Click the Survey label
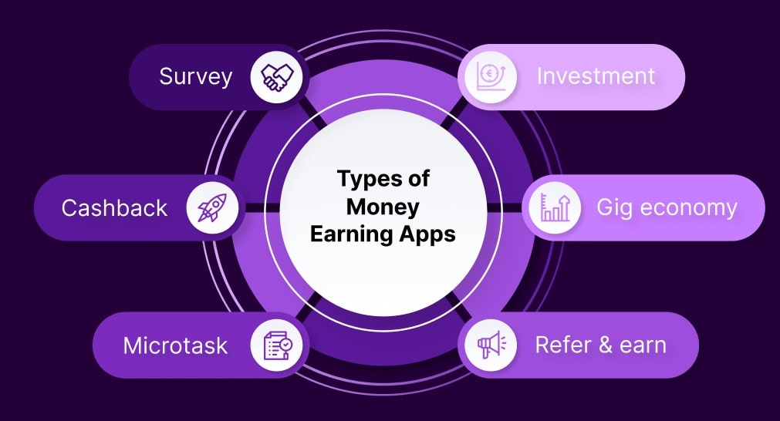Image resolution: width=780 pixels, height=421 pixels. (x=195, y=77)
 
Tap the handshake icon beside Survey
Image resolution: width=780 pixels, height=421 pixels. (x=277, y=77)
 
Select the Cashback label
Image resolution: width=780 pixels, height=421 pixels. (x=114, y=207)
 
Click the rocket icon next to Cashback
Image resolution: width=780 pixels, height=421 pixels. (x=212, y=207)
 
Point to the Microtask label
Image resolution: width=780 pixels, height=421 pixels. (x=175, y=345)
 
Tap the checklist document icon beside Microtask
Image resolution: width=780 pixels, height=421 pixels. (x=278, y=345)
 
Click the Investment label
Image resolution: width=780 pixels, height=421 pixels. (x=596, y=76)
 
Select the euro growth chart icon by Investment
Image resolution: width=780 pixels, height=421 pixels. (x=491, y=76)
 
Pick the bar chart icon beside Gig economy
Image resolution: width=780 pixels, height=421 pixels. (x=555, y=207)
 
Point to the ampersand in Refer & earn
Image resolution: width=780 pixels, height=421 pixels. (x=605, y=345)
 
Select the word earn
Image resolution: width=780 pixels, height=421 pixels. (x=643, y=345)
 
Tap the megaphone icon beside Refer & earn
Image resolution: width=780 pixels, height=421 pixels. (x=491, y=345)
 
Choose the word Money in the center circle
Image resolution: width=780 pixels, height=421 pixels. (x=383, y=207)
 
